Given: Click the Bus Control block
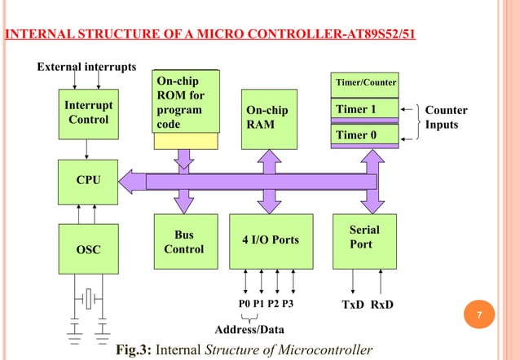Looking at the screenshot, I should click(x=184, y=241).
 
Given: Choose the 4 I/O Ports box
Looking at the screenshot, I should click(x=271, y=240).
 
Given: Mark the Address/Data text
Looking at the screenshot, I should click(x=249, y=330).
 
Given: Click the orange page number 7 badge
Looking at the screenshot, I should click(x=491, y=314).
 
